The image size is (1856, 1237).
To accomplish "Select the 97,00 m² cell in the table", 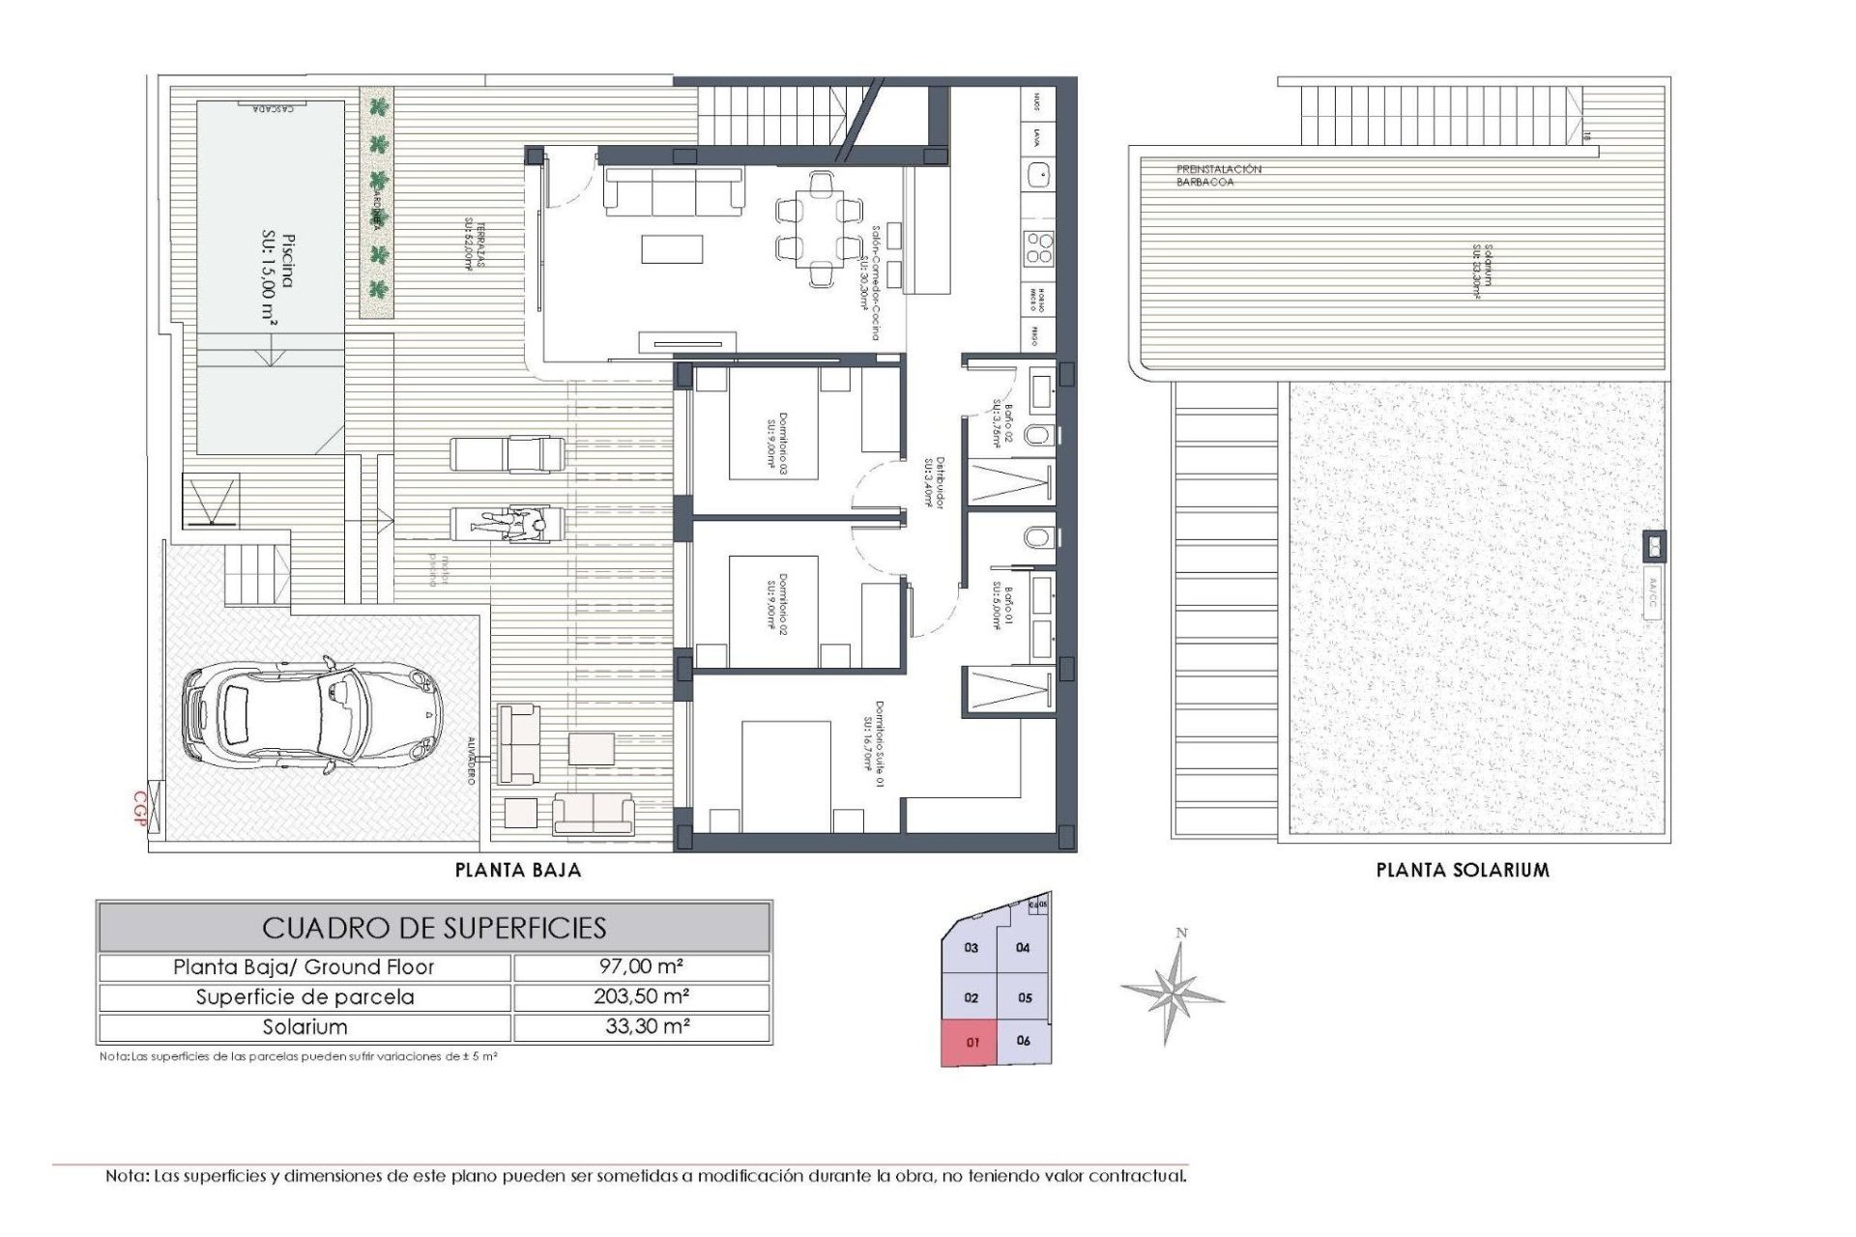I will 641,966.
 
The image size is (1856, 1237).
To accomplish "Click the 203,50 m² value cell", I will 641,996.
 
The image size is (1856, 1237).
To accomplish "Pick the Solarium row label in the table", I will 304,1026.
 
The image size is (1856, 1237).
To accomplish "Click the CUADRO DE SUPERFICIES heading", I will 434,928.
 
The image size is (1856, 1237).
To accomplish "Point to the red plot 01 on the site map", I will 971,1043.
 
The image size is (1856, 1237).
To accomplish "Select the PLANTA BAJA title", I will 518,870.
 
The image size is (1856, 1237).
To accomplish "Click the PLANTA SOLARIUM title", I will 1462,870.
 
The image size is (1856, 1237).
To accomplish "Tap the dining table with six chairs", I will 819,228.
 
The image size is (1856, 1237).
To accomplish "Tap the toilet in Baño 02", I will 1036,436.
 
